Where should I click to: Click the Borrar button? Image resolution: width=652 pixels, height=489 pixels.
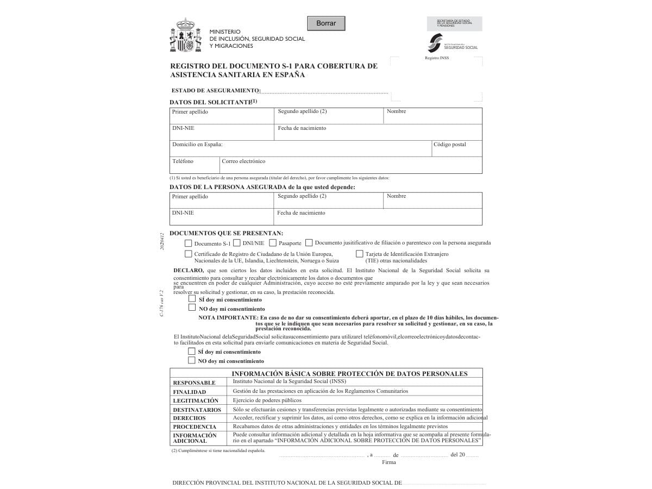326,23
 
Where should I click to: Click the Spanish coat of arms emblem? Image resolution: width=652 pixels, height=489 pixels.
186,35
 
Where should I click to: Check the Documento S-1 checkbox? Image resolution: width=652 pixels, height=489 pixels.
189,243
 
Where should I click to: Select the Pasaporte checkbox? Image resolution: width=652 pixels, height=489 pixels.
273,243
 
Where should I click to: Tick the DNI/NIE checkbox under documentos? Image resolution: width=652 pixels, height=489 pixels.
237,243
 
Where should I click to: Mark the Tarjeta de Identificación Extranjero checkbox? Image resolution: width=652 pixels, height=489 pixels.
360,254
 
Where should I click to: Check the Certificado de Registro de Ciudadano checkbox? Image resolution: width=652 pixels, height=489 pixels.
189,254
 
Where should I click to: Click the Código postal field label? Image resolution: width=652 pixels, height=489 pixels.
449,145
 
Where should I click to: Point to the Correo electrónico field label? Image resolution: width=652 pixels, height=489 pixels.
243,161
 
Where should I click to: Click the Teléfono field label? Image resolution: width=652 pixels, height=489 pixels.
183,161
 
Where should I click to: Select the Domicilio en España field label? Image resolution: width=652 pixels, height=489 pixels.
197,145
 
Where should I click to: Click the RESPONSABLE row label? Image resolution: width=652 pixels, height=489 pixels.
194,383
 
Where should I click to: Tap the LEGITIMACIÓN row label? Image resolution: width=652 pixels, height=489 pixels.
196,400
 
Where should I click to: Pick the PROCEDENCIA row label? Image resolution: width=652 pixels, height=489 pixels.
195,427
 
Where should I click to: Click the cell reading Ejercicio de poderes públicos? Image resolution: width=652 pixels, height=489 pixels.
267,400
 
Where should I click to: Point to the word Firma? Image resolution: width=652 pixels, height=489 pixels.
389,462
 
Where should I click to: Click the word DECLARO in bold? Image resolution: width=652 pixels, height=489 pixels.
189,270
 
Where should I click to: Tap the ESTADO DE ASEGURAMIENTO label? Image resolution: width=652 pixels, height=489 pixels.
216,91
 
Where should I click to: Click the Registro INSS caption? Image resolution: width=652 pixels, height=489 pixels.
437,58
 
